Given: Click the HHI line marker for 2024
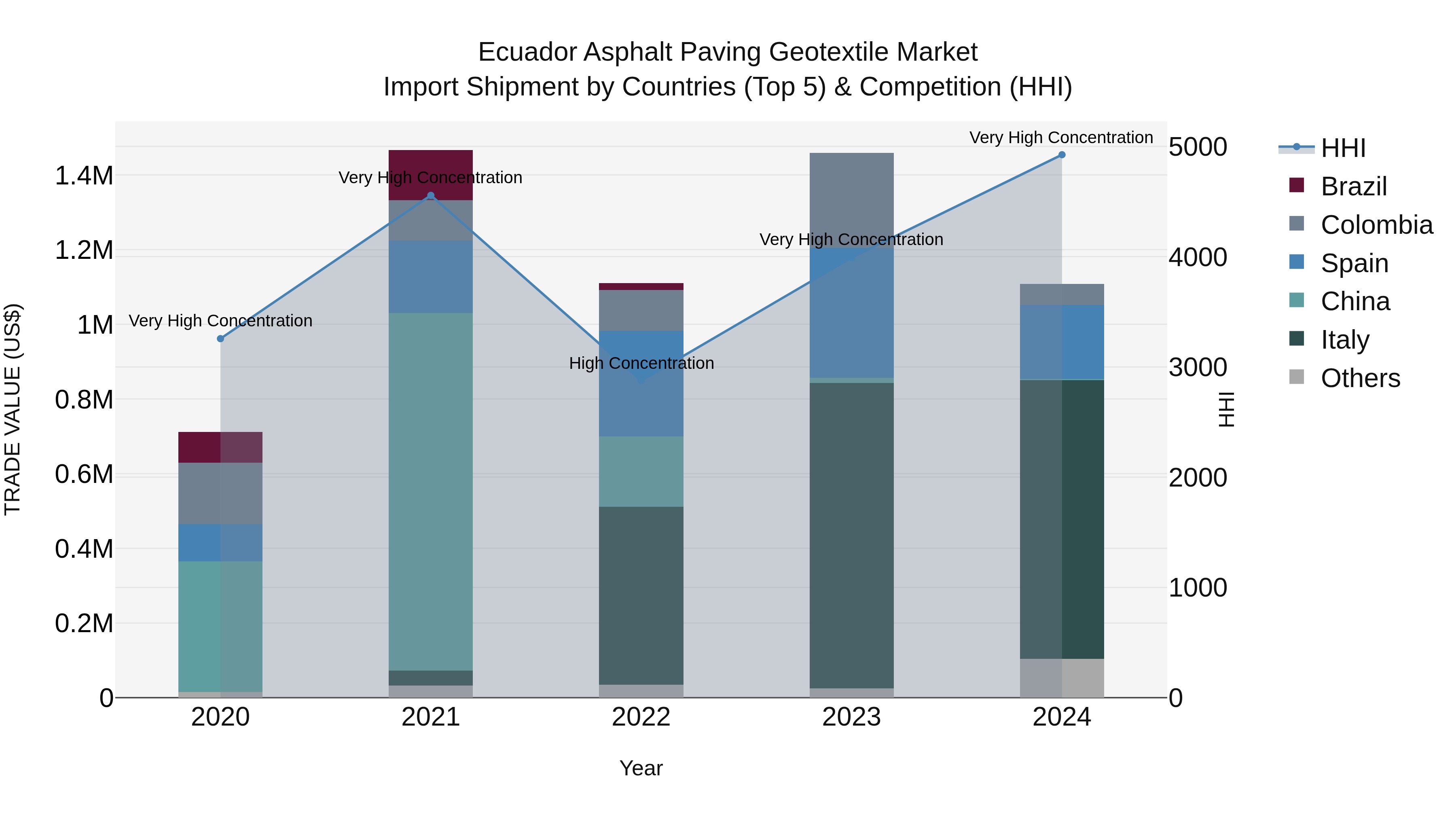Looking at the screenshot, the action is click(1062, 155).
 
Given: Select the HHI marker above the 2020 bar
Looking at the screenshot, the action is click(220, 339).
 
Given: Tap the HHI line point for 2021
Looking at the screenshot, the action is click(431, 196).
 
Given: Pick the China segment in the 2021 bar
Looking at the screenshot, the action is click(431, 492).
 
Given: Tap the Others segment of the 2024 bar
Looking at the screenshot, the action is click(1062, 678).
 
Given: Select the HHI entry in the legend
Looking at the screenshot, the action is click(1343, 148).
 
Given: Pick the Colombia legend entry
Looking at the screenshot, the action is click(1376, 225).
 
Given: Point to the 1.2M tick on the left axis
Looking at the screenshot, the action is click(84, 250).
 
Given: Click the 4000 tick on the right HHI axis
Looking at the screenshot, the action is click(1198, 257).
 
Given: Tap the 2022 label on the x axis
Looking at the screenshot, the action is click(641, 717).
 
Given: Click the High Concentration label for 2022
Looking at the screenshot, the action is click(641, 364).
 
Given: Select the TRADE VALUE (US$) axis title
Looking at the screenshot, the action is click(13, 409).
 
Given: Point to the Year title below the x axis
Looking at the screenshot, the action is click(641, 768).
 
